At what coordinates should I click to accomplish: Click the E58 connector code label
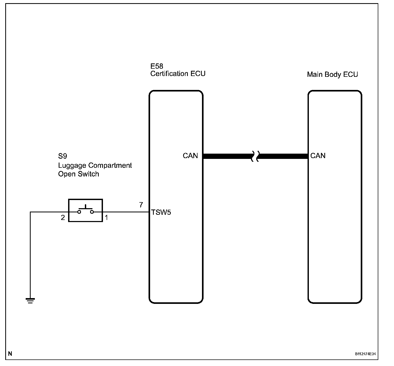pos(156,66)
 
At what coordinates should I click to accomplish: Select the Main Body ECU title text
pos(332,74)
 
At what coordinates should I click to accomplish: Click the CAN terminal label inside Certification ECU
pos(190,156)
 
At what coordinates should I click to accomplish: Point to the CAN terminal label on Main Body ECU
pos(318,156)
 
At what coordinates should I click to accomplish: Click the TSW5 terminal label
pos(161,212)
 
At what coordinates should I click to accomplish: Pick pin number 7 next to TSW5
pos(141,205)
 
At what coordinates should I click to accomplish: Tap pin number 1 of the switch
pos(106,218)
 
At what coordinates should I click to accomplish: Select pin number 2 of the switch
pos(63,218)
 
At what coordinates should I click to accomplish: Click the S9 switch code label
pos(62,156)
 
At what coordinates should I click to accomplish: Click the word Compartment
pos(110,165)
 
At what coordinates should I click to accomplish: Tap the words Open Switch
pos(79,174)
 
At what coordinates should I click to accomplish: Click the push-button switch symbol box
pos(85,210)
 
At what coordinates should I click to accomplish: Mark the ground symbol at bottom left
pos(30,300)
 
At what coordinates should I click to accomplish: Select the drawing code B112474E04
pos(365,354)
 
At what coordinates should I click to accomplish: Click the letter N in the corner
pos(10,354)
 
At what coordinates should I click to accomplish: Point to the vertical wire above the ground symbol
pos(30,254)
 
